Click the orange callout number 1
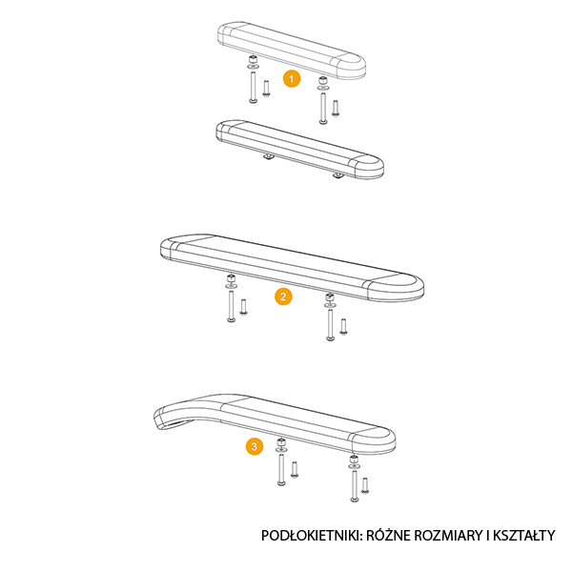pyautogui.click(x=292, y=77)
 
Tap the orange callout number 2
pyautogui.click(x=282, y=296)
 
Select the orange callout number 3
pyautogui.click(x=253, y=445)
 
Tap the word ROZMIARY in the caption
pyautogui.click(x=456, y=536)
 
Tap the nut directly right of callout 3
pyautogui.click(x=281, y=444)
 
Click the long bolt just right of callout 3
pyautogui.click(x=281, y=469)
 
